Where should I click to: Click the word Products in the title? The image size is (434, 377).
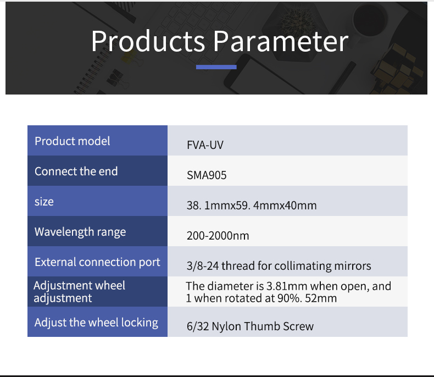(x=148, y=41)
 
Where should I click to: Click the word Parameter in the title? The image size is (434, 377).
(x=281, y=41)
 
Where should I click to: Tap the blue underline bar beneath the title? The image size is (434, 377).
(x=216, y=67)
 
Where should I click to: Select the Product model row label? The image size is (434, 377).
(x=72, y=141)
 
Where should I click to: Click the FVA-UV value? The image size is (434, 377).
(x=205, y=145)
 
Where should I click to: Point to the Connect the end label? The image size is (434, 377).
(x=76, y=171)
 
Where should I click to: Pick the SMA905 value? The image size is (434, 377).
(x=207, y=175)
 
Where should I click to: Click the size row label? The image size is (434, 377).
(x=44, y=202)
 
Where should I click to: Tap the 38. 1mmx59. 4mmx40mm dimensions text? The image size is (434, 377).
(x=252, y=206)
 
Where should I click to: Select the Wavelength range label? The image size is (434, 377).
(x=80, y=232)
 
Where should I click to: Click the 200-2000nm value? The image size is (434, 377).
(x=218, y=236)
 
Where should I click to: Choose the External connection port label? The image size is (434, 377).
(x=97, y=262)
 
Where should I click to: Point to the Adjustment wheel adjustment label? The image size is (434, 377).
(x=80, y=292)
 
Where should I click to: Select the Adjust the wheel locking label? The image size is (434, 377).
(x=96, y=323)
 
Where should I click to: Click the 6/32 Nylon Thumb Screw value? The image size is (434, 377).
(x=250, y=326)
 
